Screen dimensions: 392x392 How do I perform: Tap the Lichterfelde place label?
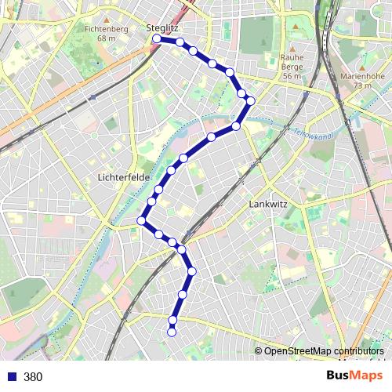(124, 178)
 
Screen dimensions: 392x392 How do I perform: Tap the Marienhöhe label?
(361, 77)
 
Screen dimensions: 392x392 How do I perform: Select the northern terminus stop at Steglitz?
(157, 38)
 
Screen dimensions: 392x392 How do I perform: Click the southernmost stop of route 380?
(172, 332)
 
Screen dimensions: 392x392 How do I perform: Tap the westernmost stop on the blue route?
(142, 221)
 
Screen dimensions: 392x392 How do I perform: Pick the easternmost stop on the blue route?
(251, 100)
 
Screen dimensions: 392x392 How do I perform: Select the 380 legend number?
(33, 377)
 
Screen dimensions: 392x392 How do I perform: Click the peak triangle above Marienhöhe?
(361, 67)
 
